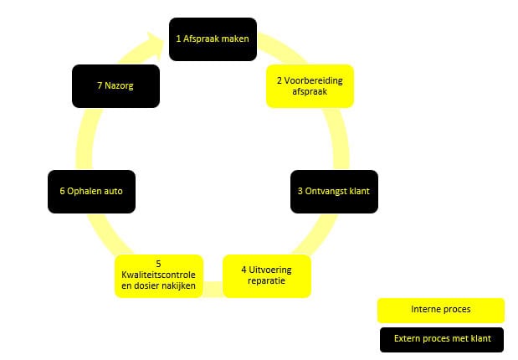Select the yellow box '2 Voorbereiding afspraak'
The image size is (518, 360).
click(x=310, y=86)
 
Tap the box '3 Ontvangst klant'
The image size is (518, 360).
click(x=333, y=191)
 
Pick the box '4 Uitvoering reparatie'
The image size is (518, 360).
click(x=267, y=275)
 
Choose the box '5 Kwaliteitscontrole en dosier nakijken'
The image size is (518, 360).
click(x=158, y=275)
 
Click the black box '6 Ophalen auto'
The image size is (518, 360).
click(x=91, y=191)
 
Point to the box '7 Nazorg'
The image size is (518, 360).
click(x=115, y=86)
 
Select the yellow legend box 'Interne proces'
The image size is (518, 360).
click(x=441, y=310)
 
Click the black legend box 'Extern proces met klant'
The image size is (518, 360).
click(x=441, y=339)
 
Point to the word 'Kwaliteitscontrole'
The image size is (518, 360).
click(x=158, y=275)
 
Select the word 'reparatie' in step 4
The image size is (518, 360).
click(x=267, y=281)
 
